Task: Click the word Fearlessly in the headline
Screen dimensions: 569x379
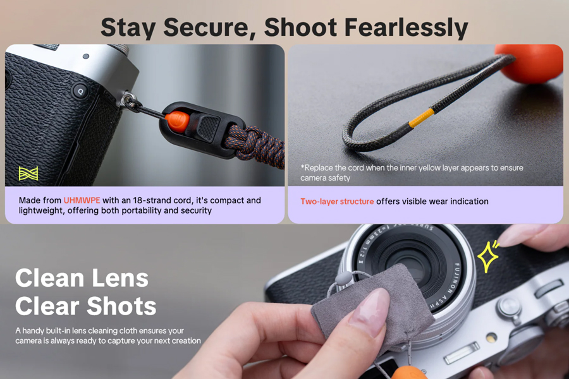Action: (x=406, y=28)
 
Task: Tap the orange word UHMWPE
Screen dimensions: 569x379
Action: (x=82, y=201)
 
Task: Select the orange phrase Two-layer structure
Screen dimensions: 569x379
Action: (x=337, y=202)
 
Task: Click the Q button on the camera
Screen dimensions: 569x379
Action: (x=80, y=92)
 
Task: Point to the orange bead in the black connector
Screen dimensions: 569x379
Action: (x=178, y=121)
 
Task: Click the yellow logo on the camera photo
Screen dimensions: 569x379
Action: (x=28, y=174)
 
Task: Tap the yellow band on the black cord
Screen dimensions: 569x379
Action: (x=421, y=118)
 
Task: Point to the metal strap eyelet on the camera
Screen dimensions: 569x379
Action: (x=128, y=100)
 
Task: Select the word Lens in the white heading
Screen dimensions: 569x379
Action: (x=120, y=279)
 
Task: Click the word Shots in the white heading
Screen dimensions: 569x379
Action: (x=121, y=306)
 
